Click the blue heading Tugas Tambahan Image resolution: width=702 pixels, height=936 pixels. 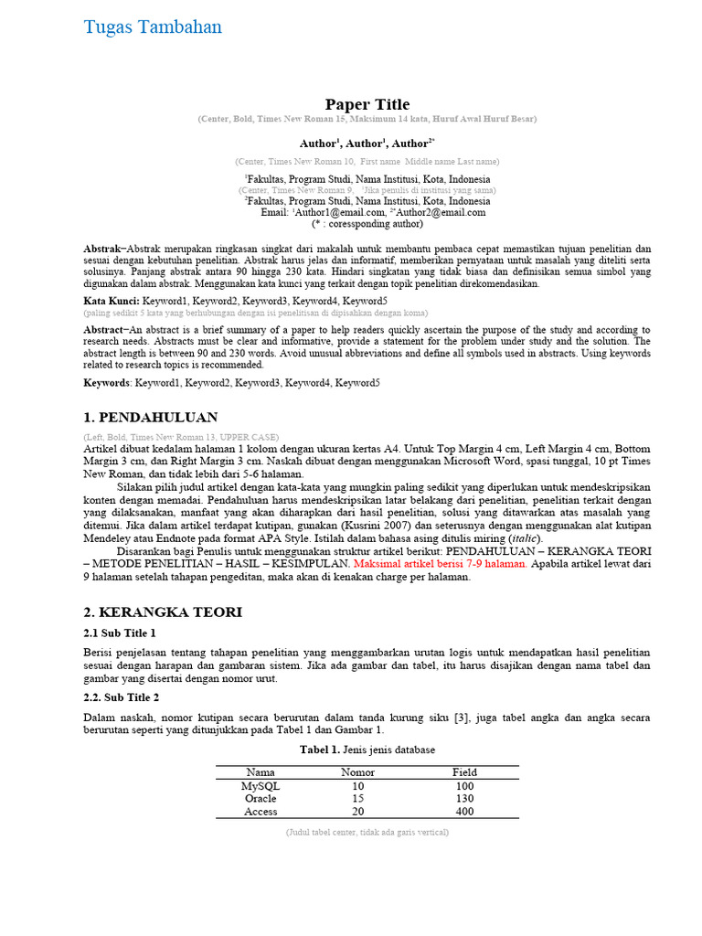click(x=153, y=27)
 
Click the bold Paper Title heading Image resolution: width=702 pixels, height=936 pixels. click(x=367, y=104)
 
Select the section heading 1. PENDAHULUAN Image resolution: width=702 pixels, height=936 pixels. click(x=150, y=418)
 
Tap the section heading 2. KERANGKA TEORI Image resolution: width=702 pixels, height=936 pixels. click(x=163, y=612)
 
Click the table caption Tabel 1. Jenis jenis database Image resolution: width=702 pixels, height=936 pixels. click(x=367, y=750)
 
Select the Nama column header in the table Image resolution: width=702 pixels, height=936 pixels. click(x=261, y=772)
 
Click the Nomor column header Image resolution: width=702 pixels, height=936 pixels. click(x=357, y=772)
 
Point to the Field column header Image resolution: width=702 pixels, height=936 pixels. click(x=464, y=772)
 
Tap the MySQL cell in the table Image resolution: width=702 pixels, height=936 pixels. click(x=261, y=786)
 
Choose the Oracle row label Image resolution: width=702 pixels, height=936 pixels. click(x=261, y=799)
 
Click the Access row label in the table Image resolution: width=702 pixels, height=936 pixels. click(x=261, y=812)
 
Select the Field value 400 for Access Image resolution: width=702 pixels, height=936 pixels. click(x=464, y=812)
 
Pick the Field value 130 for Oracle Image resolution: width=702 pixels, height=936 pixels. click(x=464, y=799)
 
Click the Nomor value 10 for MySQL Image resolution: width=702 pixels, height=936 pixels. click(x=357, y=786)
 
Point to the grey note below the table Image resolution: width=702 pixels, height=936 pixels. click(x=367, y=833)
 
